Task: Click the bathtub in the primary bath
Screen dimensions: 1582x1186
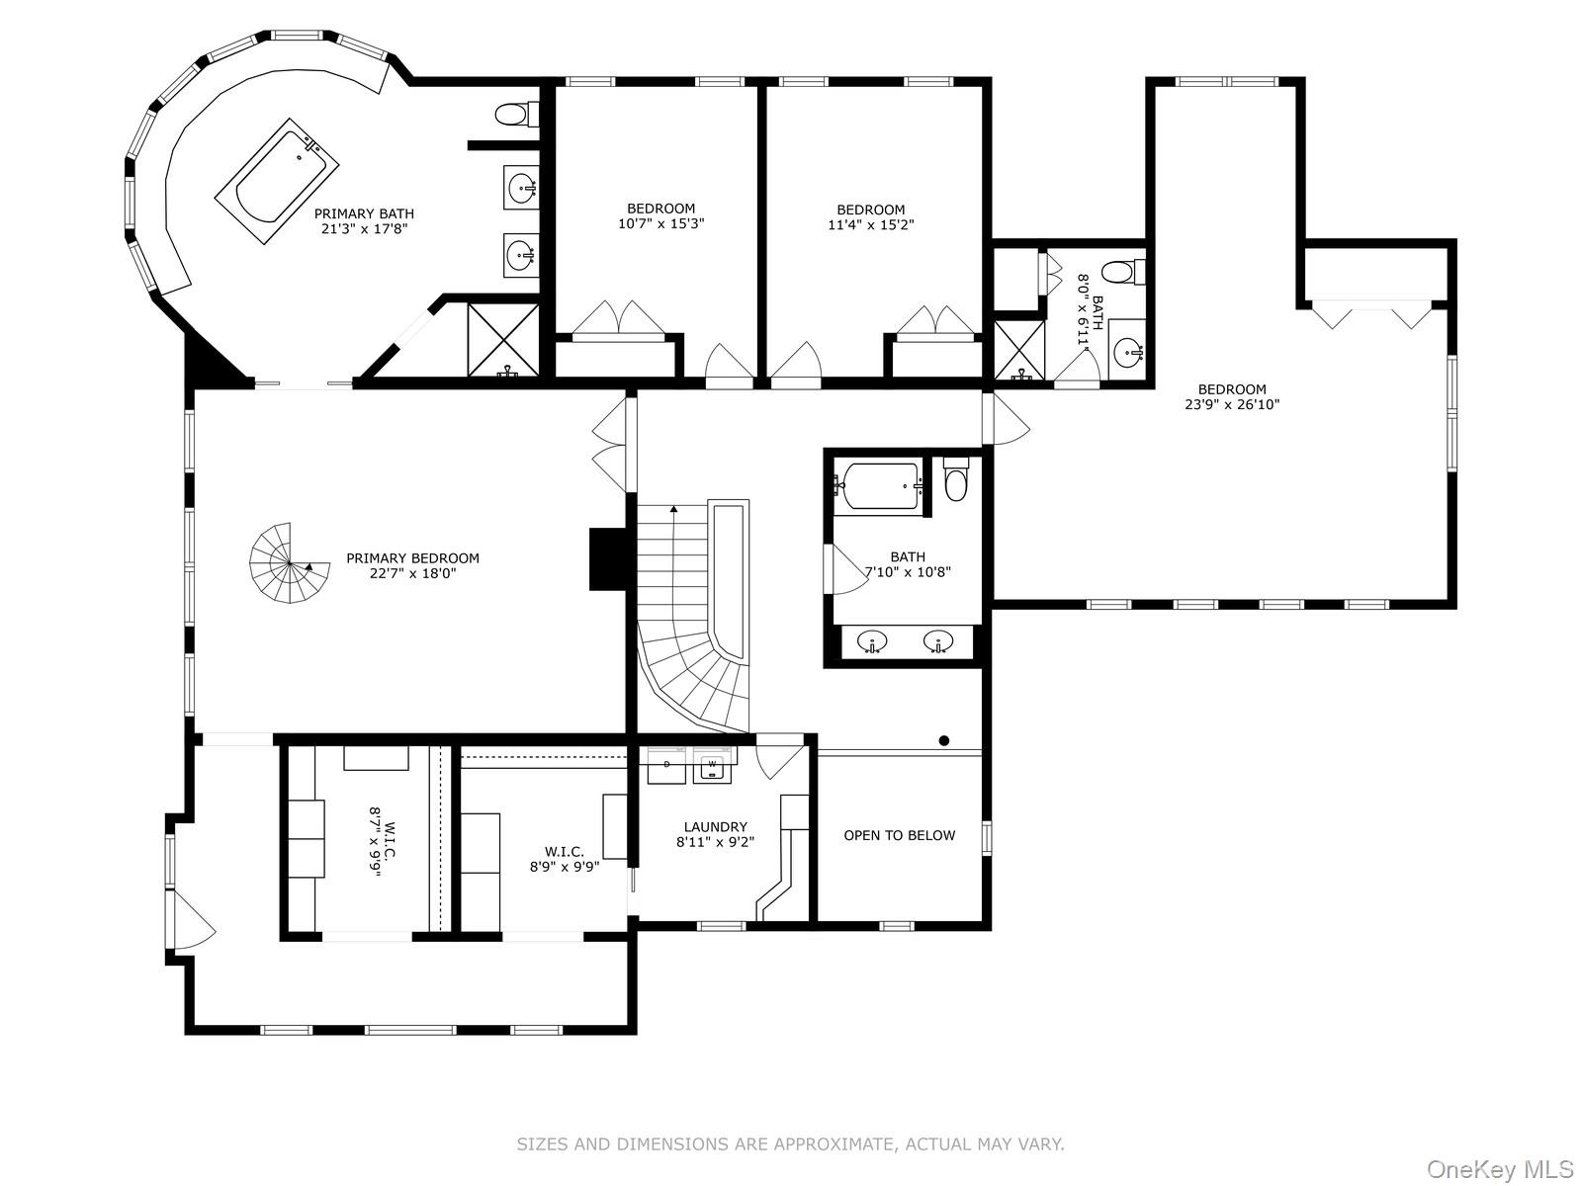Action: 278,181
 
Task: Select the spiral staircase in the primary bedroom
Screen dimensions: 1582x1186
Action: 289,563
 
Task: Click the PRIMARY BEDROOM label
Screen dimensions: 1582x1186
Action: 412,558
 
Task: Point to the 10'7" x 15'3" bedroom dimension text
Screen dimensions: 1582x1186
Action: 660,224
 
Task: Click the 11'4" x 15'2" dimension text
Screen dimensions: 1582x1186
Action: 871,224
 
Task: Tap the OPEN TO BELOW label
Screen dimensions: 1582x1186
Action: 900,835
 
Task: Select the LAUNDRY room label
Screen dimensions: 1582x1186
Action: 715,826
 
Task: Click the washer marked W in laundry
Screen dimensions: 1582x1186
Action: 712,765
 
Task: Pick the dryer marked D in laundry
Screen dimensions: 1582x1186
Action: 666,765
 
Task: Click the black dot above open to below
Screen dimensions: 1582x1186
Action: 944,740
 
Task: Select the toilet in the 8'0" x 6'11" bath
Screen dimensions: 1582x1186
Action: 1123,272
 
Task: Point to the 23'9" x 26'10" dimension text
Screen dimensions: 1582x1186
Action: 1232,404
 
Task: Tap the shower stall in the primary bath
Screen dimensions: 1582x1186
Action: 503,340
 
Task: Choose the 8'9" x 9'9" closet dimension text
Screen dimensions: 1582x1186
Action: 565,867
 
